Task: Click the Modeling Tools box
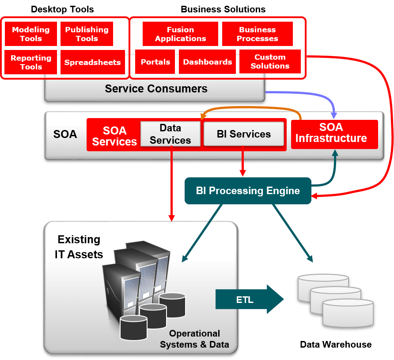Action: [x=30, y=34]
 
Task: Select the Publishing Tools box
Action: [x=87, y=34]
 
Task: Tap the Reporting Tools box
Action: [x=30, y=62]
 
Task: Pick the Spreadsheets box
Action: [x=92, y=62]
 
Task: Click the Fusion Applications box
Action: [x=180, y=34]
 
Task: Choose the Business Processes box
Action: [x=257, y=34]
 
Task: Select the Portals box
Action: [x=155, y=62]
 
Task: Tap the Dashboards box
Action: [x=207, y=62]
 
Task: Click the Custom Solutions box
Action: [x=270, y=61]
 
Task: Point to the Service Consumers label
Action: [x=156, y=88]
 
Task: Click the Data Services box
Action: [x=170, y=134]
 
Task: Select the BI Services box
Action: [x=243, y=134]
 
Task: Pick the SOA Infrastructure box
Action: [x=334, y=133]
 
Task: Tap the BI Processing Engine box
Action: [x=248, y=191]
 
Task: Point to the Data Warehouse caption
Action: [x=336, y=345]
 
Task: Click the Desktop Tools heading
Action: [x=62, y=9]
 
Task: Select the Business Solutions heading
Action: [x=223, y=9]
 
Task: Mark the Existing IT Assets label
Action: [x=79, y=247]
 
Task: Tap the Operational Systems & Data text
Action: [x=194, y=339]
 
